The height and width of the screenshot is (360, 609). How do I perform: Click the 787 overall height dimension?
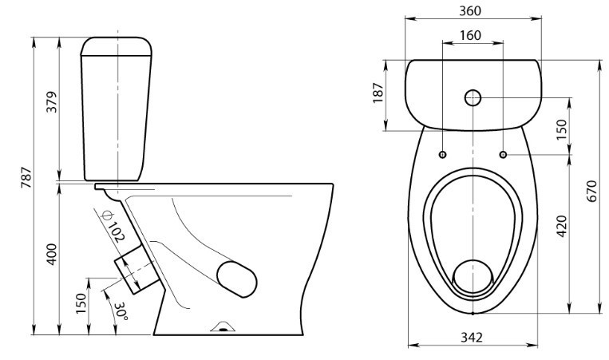point(26,177)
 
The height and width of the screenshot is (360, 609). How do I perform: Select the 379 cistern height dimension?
point(51,101)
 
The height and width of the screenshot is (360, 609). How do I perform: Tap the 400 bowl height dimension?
point(52,255)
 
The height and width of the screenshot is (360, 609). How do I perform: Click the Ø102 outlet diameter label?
point(113,225)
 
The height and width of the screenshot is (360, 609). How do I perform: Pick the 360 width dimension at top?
point(470,11)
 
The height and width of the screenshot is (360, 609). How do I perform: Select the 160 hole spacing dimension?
point(470,35)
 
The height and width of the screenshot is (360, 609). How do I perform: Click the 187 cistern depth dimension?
point(378,93)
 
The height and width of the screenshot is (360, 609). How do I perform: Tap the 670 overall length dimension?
point(591,191)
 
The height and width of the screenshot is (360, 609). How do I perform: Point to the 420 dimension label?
point(562,226)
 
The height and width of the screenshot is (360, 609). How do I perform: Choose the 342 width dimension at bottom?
point(472,337)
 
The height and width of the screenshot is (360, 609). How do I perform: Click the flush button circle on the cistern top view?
point(473,98)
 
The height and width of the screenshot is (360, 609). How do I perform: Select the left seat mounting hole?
point(442,155)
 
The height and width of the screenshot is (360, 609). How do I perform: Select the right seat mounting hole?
point(503,155)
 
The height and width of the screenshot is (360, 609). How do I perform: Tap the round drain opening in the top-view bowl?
point(473,276)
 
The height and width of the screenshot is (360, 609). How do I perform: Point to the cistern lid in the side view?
point(116,46)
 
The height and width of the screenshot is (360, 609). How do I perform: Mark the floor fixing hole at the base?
point(223,330)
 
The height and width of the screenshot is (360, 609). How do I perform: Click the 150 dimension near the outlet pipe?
point(81,304)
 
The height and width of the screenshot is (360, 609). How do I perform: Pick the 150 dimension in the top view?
point(562,130)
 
